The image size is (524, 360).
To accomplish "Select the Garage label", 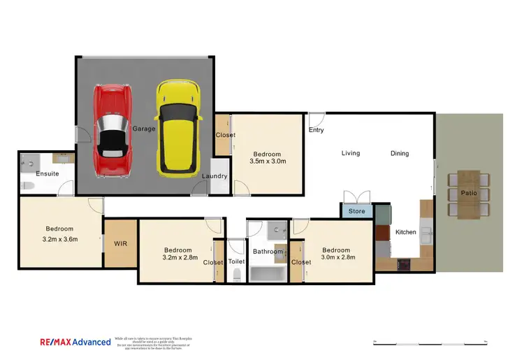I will point(144,129).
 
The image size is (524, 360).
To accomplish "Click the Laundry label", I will point(214,176).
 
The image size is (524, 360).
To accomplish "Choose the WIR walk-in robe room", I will point(120,243).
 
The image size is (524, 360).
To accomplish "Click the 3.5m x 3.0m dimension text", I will point(268,161).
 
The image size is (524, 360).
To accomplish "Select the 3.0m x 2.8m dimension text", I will point(338,257).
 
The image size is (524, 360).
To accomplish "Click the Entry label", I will point(316,130).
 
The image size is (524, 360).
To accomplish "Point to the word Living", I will point(350,153).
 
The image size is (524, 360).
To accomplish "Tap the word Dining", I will point(400,153).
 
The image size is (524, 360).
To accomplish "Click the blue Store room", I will point(356,210).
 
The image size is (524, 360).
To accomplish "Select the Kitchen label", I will point(405,231).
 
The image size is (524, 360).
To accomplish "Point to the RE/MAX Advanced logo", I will point(75,342).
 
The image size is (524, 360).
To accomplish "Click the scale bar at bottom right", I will point(429,342).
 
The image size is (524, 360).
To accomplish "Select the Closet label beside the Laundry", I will point(225,135).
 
